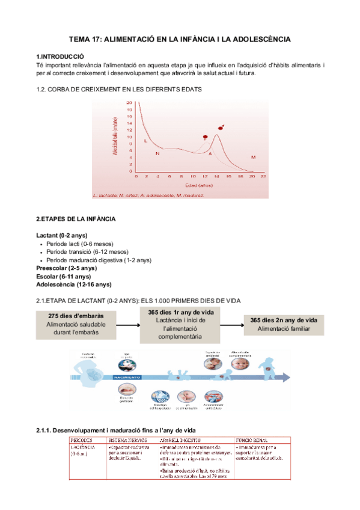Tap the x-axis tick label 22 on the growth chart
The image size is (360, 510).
263,177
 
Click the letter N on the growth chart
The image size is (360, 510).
157,154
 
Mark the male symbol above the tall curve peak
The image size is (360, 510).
221,127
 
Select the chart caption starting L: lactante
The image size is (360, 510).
149,195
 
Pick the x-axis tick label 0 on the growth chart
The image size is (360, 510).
136,177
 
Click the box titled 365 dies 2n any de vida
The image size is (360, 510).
284,324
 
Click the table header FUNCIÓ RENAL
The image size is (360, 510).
254,439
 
